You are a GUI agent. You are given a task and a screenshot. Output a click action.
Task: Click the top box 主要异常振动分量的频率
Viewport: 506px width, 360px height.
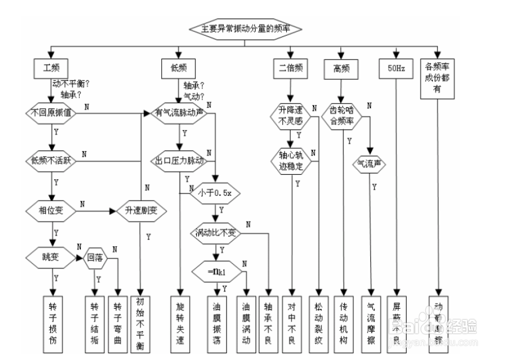pos(246,27)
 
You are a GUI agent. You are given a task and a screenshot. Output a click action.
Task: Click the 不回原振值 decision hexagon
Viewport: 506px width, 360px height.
pos(51,112)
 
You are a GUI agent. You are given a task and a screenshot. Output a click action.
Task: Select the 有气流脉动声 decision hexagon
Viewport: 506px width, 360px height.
pos(179,112)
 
